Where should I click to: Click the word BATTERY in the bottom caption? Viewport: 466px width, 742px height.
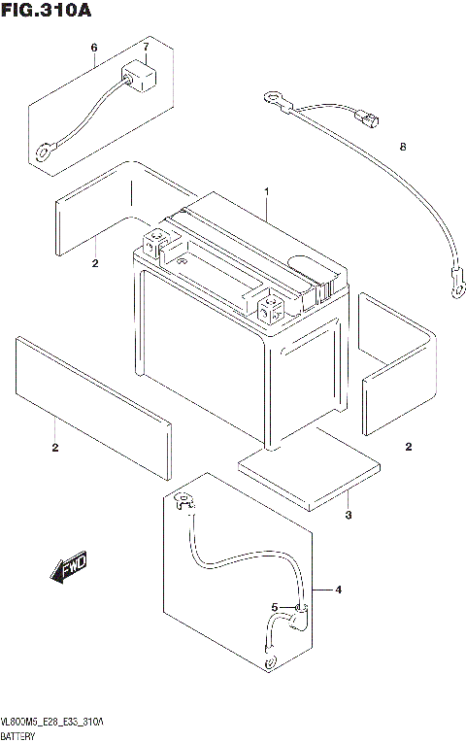pyautogui.click(x=21, y=735)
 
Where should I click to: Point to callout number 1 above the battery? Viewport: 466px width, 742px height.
pyautogui.click(x=264, y=191)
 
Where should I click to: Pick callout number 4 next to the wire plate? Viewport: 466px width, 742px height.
pyautogui.click(x=339, y=590)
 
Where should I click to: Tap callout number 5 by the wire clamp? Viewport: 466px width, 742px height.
pyautogui.click(x=275, y=608)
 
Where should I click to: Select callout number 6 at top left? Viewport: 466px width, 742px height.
pyautogui.click(x=94, y=48)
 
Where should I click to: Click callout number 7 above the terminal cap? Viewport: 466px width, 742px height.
pyautogui.click(x=146, y=47)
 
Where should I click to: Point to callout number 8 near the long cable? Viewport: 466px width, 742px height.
pyautogui.click(x=401, y=147)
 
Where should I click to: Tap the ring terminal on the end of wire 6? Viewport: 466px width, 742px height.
pyautogui.click(x=44, y=152)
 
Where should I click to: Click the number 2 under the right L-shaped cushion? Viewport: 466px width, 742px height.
pyautogui.click(x=409, y=447)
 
